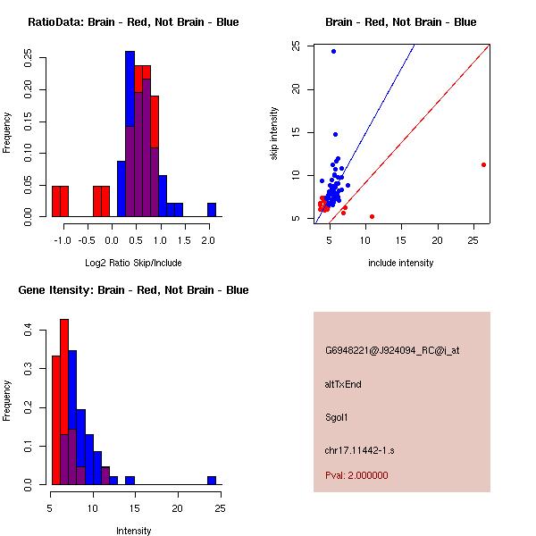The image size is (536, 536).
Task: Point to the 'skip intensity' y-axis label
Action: coord(274,134)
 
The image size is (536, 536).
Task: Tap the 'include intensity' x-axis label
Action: coord(400,263)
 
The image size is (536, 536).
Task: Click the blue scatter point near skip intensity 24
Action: coord(333,51)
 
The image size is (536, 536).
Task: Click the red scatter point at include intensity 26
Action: coord(483,164)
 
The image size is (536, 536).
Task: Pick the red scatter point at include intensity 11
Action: coord(372,216)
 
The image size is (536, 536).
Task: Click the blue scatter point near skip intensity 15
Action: coord(335,134)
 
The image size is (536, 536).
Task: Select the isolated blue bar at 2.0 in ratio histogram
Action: coord(212,210)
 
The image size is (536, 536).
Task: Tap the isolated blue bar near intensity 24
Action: coord(212,481)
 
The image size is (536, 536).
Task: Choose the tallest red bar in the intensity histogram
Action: coord(64,402)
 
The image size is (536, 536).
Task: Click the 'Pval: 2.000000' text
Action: coord(356,475)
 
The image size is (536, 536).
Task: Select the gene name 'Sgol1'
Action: coord(337,417)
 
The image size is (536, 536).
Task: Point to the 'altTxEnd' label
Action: coord(343,384)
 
